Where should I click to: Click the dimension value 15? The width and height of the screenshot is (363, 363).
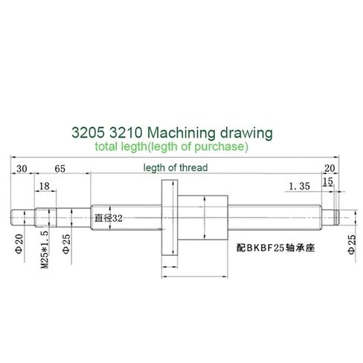(x=328, y=181)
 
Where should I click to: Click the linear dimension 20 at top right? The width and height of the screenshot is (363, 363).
(x=330, y=168)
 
